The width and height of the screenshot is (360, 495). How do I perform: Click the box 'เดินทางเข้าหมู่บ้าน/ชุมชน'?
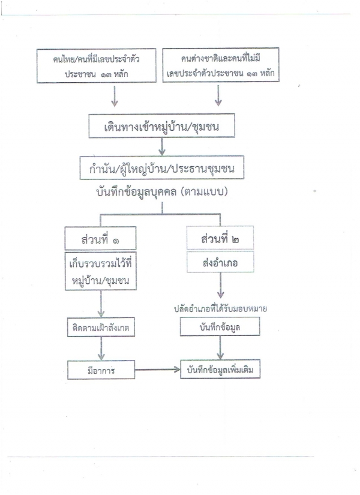pyautogui.click(x=161, y=125)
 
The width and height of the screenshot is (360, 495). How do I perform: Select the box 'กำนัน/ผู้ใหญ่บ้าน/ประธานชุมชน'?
pyautogui.click(x=161, y=167)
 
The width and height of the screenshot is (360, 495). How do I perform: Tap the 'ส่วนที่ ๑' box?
pyautogui.click(x=100, y=238)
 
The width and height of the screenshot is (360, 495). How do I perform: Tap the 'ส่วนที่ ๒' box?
pyautogui.click(x=220, y=238)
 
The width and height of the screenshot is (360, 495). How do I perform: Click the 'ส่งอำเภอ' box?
pyautogui.click(x=220, y=262)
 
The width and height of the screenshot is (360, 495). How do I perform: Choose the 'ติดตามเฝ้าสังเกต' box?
pyautogui.click(x=101, y=328)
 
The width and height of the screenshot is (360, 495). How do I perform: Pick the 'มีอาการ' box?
pyautogui.click(x=101, y=370)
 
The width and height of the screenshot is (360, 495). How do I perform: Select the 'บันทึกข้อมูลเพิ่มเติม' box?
pyautogui.click(x=220, y=369)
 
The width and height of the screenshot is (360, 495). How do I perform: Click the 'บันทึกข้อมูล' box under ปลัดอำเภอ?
pyautogui.click(x=220, y=326)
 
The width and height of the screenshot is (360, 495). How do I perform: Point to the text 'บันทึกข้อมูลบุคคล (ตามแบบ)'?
pyautogui.click(x=161, y=192)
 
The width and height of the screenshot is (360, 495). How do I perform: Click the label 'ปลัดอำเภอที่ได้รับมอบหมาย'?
pyautogui.click(x=220, y=308)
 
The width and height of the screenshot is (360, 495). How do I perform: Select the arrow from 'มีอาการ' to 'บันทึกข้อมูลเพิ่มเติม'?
pyautogui.click(x=157, y=370)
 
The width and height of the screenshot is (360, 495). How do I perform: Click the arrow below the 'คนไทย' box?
pyautogui.click(x=115, y=96)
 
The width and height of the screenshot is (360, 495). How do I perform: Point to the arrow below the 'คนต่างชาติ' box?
pyautogui.click(x=218, y=95)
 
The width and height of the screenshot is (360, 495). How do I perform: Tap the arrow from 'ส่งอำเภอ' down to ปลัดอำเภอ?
pyautogui.click(x=220, y=286)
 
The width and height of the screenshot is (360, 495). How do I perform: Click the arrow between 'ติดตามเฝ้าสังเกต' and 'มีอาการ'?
pyautogui.click(x=101, y=349)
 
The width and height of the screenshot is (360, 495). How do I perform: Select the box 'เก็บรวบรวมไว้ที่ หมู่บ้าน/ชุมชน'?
pyautogui.click(x=101, y=271)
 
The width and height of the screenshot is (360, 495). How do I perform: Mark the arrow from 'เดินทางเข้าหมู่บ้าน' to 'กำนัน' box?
pyautogui.click(x=161, y=147)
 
